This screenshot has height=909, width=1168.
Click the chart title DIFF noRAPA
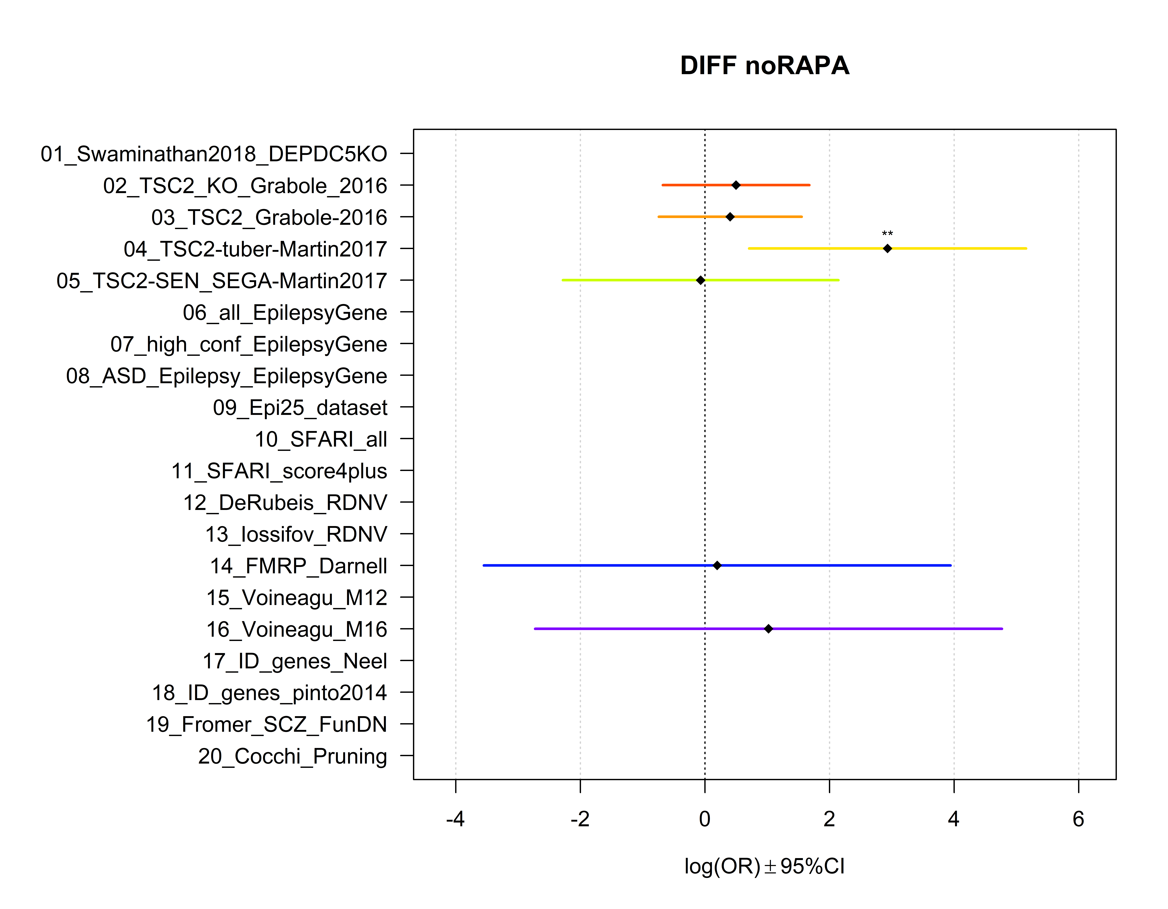pyautogui.click(x=764, y=66)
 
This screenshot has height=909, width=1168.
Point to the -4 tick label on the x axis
pyautogui.click(x=455, y=819)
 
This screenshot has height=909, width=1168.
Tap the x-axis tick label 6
pyautogui.click(x=1078, y=819)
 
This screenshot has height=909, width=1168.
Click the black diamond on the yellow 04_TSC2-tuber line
pyautogui.click(x=887, y=248)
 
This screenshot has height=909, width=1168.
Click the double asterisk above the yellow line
pyautogui.click(x=887, y=234)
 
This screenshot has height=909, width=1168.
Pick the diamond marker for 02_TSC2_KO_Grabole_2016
pyautogui.click(x=736, y=185)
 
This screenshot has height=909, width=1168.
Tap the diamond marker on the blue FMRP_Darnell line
pyautogui.click(x=717, y=566)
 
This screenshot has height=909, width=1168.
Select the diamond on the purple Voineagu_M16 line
pyautogui.click(x=769, y=629)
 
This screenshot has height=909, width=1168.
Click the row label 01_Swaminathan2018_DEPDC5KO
pyautogui.click(x=214, y=154)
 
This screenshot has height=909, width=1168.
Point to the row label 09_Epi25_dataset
pyautogui.click(x=300, y=408)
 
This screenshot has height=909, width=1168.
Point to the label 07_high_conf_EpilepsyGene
pyautogui.click(x=249, y=344)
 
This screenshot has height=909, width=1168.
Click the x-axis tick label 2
pyautogui.click(x=829, y=819)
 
